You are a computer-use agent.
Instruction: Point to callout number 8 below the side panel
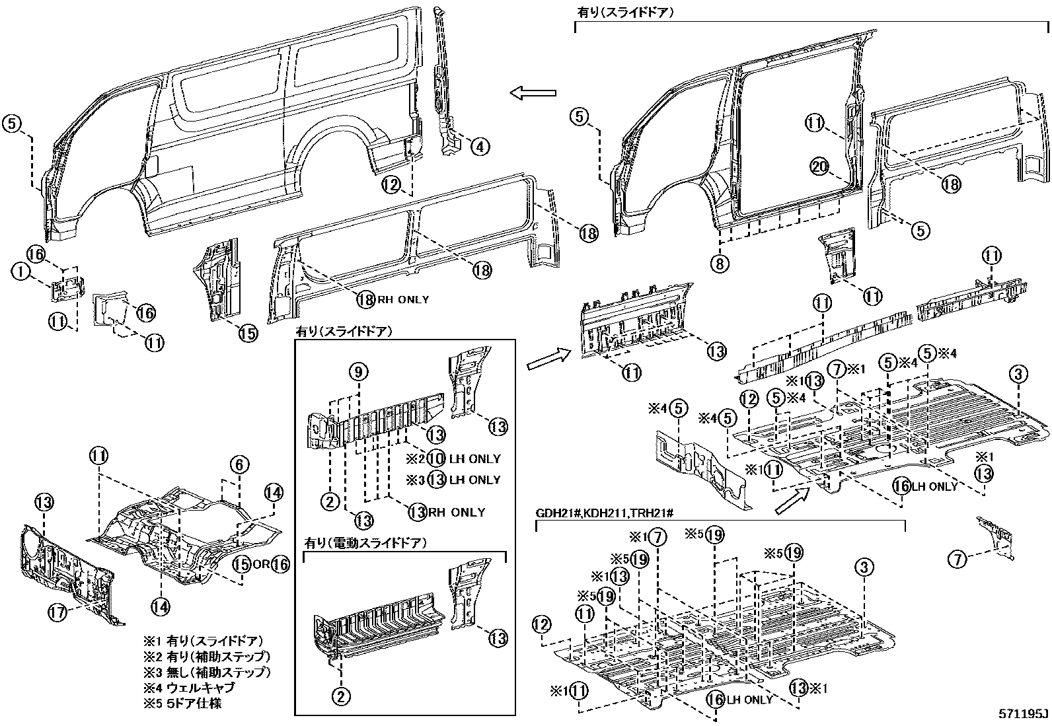pos(720,263)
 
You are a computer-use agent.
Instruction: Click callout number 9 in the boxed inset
pos(358,373)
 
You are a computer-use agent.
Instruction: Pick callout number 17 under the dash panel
pos(57,613)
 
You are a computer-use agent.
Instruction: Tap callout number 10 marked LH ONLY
pos(435,458)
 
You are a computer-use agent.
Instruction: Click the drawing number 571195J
pos(1023,715)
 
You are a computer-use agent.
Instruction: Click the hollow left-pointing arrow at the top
pos(534,93)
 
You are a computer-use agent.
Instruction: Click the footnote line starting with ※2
pos(207,657)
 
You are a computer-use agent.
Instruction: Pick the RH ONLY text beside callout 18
pos(403,299)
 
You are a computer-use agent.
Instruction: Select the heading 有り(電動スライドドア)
pos(365,543)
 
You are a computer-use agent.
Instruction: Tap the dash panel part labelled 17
pos(66,568)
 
